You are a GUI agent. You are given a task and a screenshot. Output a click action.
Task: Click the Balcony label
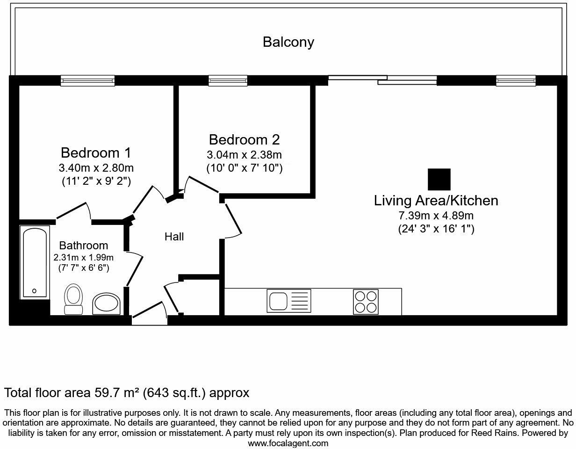(x=288, y=42)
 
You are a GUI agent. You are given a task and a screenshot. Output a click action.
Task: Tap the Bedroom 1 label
(x=95, y=152)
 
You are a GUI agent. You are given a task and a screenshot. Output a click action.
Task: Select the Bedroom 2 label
(x=244, y=139)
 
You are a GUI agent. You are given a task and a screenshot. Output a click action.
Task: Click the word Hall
(x=174, y=237)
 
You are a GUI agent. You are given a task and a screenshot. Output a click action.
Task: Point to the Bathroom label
(x=84, y=245)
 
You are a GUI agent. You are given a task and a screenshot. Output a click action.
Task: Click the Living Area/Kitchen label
(x=436, y=201)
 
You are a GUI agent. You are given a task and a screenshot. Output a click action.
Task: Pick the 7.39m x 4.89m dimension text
(x=436, y=216)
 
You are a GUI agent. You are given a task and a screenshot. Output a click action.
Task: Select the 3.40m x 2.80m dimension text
(x=95, y=167)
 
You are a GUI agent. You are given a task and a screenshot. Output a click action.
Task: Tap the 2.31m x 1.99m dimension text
(x=84, y=257)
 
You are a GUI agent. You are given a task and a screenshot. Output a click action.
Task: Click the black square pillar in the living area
(x=439, y=180)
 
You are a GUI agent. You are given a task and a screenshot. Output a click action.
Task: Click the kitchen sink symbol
(x=288, y=301)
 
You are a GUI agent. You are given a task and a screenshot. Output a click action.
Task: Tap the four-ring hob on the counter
(x=366, y=301)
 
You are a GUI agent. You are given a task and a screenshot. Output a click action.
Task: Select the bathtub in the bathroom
(x=34, y=262)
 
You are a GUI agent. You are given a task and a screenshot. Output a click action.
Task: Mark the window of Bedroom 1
(x=87, y=81)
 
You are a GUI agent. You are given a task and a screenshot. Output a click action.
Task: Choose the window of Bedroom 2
(x=228, y=81)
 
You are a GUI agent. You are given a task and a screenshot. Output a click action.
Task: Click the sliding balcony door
(x=382, y=80)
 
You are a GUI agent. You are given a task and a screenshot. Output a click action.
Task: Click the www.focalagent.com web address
(x=288, y=443)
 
